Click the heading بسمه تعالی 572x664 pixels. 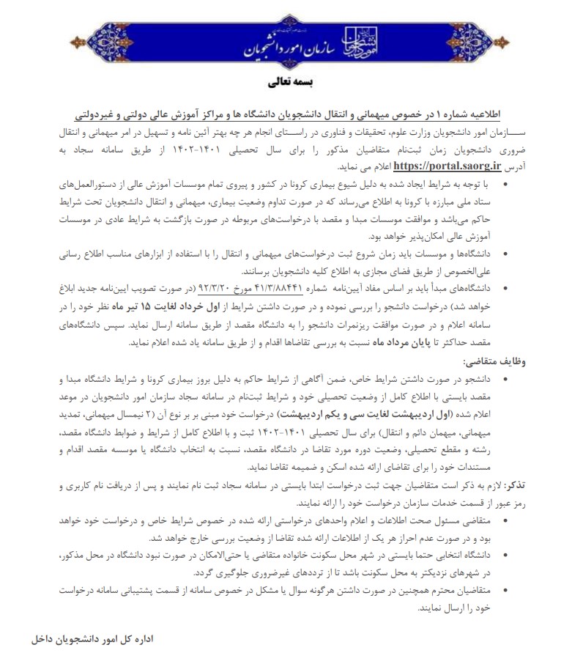pyautogui.click(x=286, y=83)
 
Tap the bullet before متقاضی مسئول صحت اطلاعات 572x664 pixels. pyautogui.click(x=504, y=520)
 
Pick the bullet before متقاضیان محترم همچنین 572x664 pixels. pyautogui.click(x=504, y=590)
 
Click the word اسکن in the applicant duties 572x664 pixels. pyautogui.click(x=320, y=466)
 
